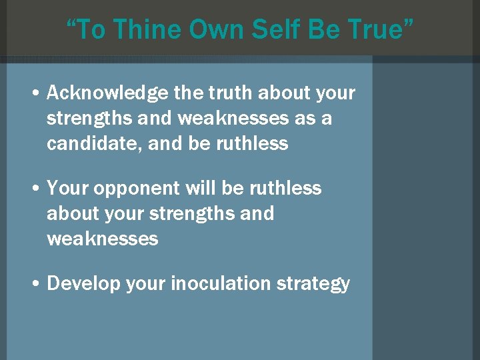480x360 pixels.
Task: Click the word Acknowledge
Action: coord(107,94)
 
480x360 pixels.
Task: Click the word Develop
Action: coord(87,284)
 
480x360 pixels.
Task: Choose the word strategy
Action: coord(313,285)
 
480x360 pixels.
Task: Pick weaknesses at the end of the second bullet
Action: coord(103,239)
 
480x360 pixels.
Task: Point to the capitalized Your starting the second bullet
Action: coord(68,189)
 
